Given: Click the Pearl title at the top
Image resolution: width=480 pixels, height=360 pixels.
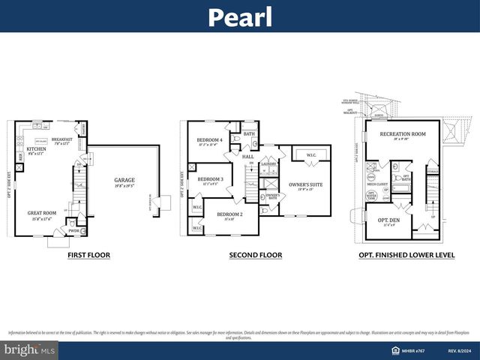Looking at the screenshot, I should point(239,16).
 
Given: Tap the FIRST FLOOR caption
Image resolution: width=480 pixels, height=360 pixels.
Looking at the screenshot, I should point(88,255).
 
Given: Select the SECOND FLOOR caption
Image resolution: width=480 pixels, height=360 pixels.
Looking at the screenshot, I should point(256,255).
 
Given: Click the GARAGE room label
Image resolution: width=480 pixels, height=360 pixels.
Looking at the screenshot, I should point(124,180).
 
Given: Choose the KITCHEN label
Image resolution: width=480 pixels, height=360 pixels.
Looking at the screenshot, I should point(37,149).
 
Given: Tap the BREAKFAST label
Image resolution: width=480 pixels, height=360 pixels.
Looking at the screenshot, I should point(63,139).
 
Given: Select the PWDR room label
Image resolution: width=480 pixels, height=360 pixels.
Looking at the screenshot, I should point(74,231).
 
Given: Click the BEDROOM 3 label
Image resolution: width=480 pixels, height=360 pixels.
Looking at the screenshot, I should point(210,179).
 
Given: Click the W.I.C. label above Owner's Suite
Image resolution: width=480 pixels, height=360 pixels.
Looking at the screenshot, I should point(310,155).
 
